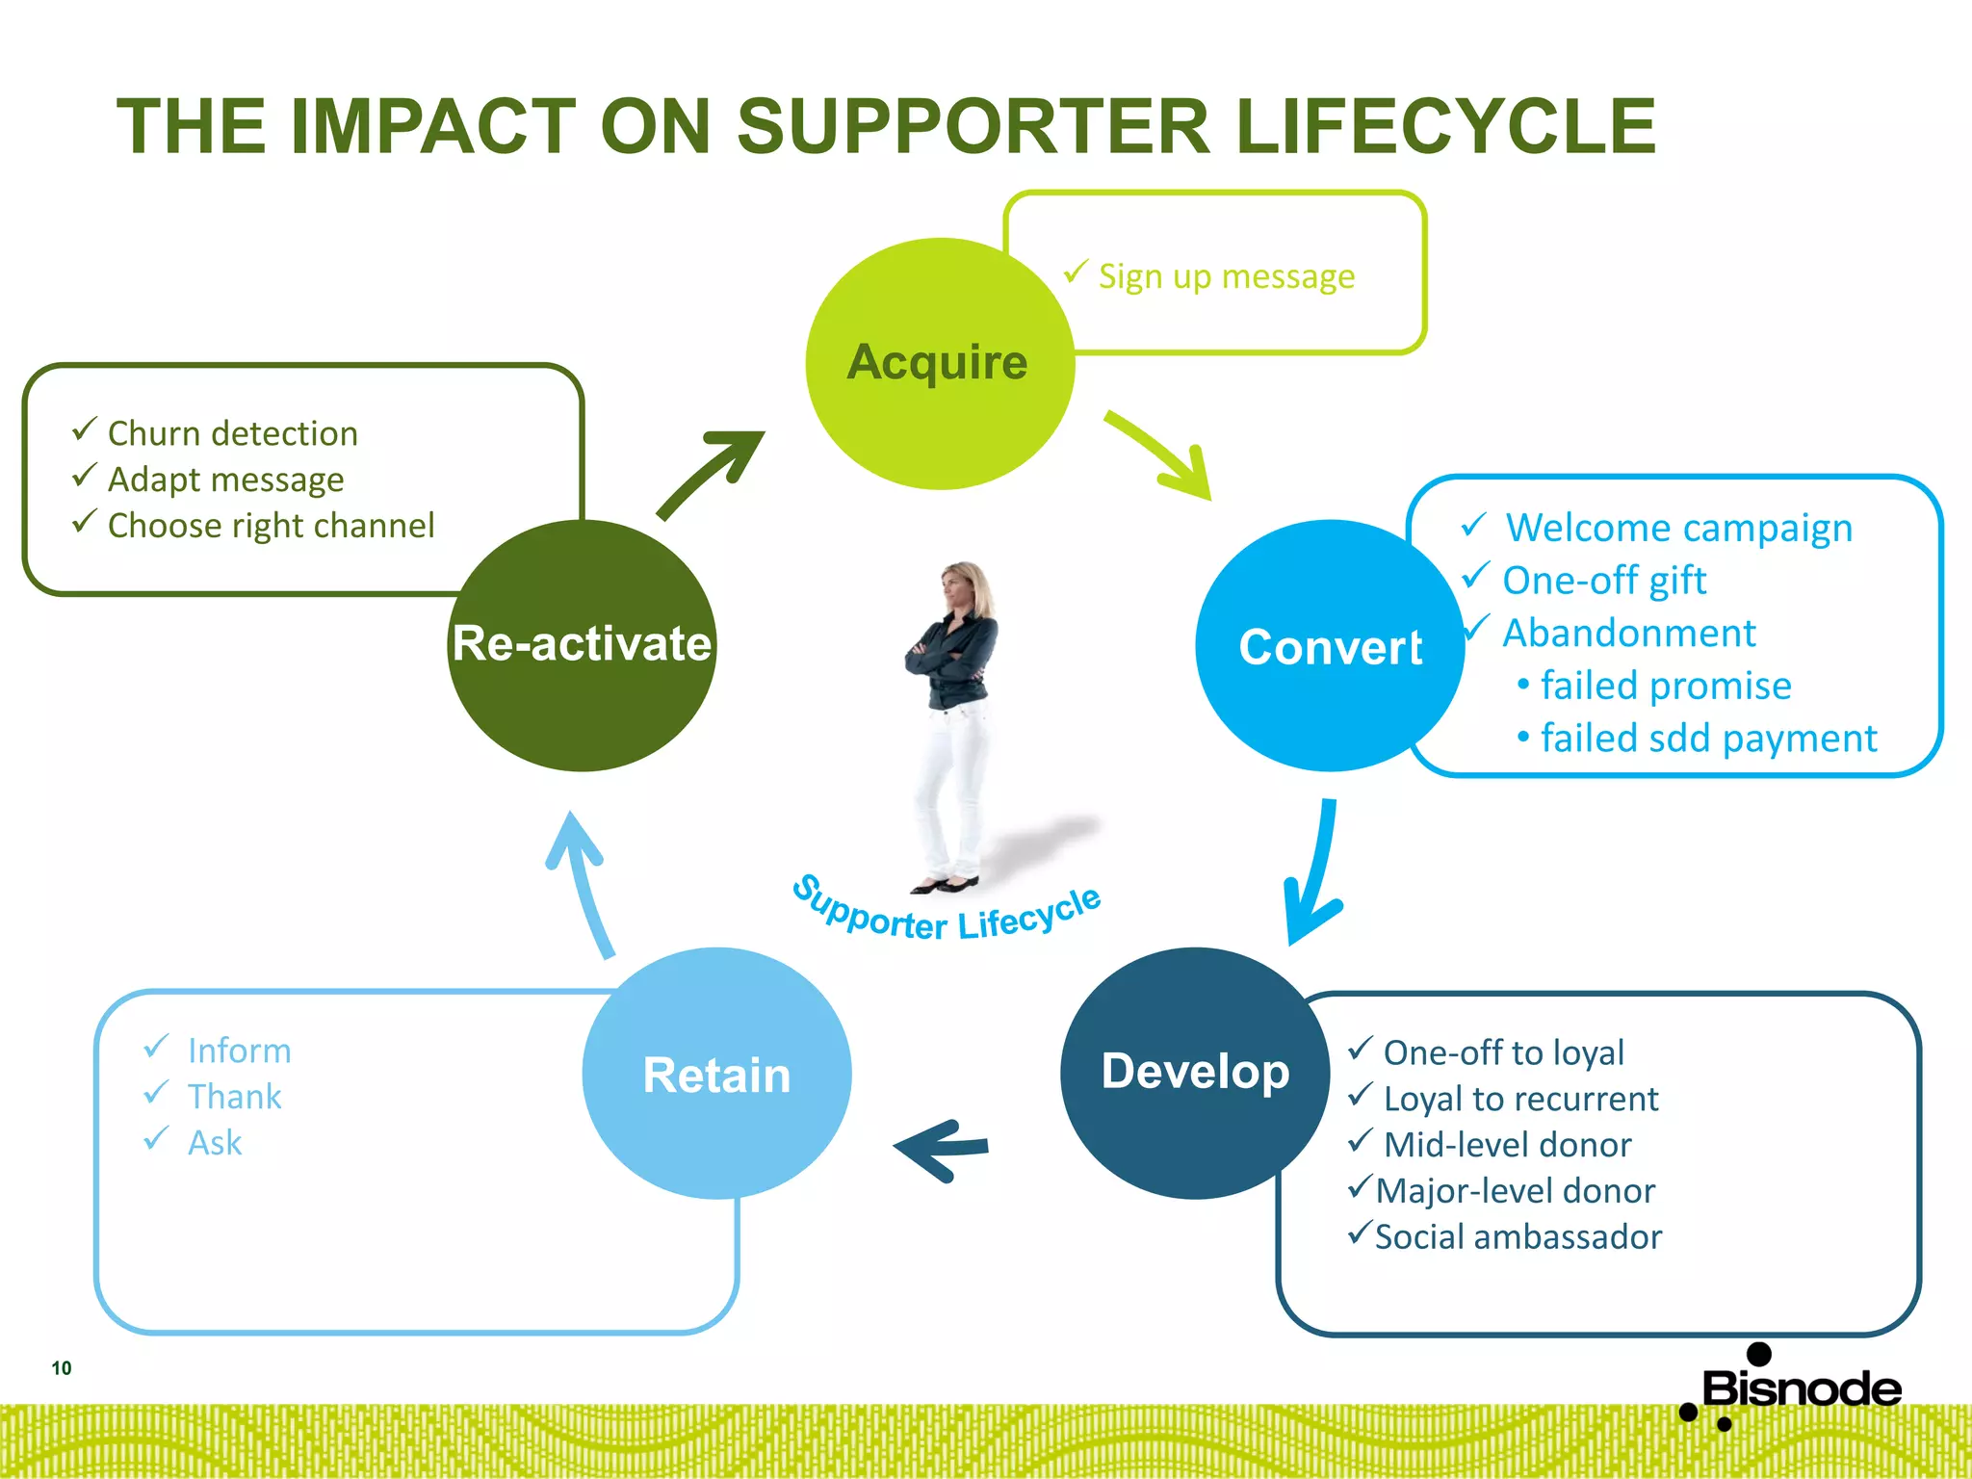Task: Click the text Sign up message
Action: pyautogui.click(x=1226, y=277)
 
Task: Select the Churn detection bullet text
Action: pyautogui.click(x=232, y=434)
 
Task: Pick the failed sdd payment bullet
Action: pyautogui.click(x=1707, y=739)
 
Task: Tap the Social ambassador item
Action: pyautogui.click(x=1518, y=1237)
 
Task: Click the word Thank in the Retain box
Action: pyautogui.click(x=234, y=1097)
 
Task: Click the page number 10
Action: pyautogui.click(x=62, y=1368)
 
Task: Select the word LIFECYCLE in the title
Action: pyautogui.click(x=1444, y=127)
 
